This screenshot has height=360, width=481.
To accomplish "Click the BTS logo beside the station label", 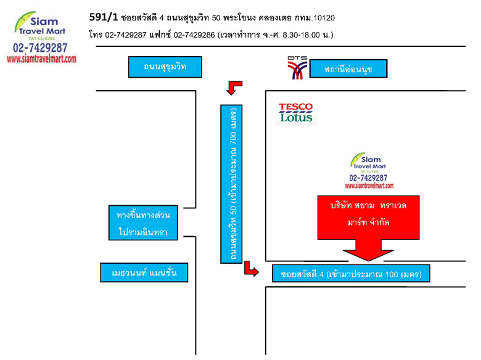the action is click(297, 68).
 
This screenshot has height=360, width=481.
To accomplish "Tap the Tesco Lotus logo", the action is click(297, 114).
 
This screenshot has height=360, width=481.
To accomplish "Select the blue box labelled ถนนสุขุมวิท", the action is click(165, 67).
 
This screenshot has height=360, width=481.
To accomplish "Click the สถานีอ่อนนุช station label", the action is click(348, 68).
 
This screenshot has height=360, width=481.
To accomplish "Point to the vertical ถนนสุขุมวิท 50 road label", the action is click(231, 184).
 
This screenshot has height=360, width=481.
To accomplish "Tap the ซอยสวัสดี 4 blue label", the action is click(351, 273).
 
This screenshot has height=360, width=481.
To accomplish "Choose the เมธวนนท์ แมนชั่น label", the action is click(144, 272).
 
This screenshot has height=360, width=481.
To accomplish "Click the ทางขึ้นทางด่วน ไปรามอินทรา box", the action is click(143, 223).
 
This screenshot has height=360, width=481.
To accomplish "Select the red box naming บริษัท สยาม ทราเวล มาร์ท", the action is click(368, 217).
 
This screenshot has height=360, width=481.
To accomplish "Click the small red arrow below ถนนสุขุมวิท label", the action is click(234, 88).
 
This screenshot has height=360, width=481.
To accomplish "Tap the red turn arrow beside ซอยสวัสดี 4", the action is click(251, 269).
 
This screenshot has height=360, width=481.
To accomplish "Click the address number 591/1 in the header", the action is click(104, 17).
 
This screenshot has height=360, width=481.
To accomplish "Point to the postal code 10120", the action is click(324, 18).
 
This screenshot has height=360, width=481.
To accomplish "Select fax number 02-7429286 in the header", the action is click(194, 35).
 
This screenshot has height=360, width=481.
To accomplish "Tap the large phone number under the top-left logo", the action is click(40, 48).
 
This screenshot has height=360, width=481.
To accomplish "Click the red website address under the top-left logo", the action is click(41, 59).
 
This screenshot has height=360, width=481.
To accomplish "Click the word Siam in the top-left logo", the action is click(44, 22).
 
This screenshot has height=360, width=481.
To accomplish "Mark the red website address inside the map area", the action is click(369, 186).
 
